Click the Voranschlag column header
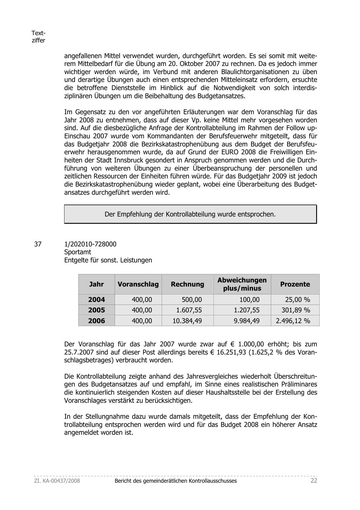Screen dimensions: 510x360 point(138,284)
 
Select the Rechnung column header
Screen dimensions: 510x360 point(187,284)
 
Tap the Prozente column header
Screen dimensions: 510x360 point(295,284)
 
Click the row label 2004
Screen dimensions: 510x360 point(96,300)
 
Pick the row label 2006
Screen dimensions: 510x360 point(96,321)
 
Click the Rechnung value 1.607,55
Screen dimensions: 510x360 point(189,310)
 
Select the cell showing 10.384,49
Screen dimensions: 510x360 point(187,321)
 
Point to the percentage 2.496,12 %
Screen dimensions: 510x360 point(293,321)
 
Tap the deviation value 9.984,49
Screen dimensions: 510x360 point(247,321)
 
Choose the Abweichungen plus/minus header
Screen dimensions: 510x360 point(242,284)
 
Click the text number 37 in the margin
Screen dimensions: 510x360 point(38,244)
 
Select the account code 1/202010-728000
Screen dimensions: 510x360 point(90,244)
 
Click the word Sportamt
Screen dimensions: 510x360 point(78,252)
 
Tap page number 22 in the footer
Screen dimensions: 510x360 point(314,480)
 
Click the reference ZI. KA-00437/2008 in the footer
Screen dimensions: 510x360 point(57,481)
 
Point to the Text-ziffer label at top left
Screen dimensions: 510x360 point(38,37)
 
